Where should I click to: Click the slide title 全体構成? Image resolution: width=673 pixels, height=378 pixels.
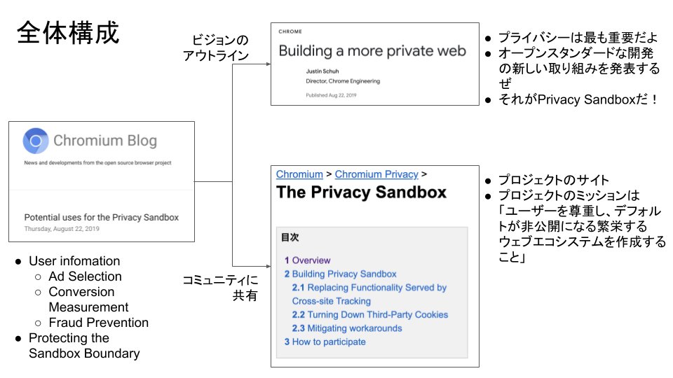(68, 33)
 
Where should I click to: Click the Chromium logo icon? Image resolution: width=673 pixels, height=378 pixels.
(35, 141)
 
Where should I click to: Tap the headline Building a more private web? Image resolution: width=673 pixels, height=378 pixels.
(372, 50)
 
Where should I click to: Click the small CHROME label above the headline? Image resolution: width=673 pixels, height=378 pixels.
(290, 31)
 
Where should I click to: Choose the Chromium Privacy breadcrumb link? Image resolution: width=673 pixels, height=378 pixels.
(376, 174)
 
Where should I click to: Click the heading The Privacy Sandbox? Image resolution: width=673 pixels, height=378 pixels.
(361, 193)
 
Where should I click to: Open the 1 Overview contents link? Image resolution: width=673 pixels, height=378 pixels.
(308, 260)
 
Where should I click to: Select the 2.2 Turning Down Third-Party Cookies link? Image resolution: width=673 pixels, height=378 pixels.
(369, 315)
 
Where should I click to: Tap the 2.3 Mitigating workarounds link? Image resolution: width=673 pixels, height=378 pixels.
(347, 328)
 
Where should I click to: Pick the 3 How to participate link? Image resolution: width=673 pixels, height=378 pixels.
(325, 342)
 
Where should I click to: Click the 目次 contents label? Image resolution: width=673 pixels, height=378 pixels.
(291, 238)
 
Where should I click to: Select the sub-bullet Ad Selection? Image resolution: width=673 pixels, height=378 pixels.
(85, 276)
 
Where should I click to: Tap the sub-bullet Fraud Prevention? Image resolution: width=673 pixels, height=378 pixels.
(98, 323)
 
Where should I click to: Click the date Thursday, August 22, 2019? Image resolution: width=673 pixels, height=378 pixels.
(62, 229)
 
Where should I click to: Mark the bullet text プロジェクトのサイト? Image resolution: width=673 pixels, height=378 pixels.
(554, 180)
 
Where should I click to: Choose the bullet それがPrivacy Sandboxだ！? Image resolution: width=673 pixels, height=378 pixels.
(578, 99)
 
